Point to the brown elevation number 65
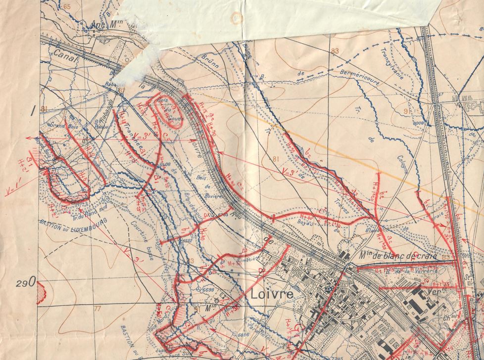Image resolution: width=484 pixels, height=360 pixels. pyautogui.click(x=67, y=6)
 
